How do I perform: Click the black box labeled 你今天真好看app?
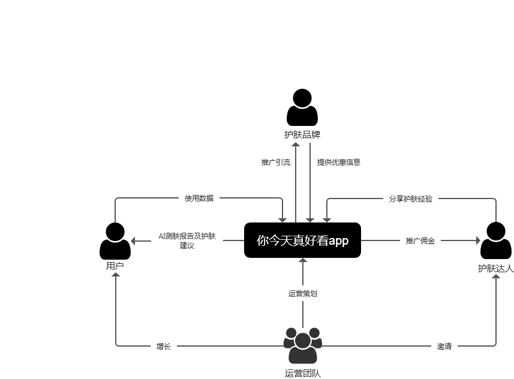(x=302, y=240)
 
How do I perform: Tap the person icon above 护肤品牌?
(x=302, y=107)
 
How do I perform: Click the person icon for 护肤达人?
(x=496, y=240)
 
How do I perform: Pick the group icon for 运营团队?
(x=302, y=345)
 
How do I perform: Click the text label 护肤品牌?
(x=302, y=135)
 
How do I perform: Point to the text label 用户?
(x=115, y=266)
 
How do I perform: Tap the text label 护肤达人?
(x=496, y=268)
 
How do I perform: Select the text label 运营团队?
(x=302, y=373)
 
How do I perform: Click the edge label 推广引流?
(x=276, y=162)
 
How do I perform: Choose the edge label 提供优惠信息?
(x=339, y=162)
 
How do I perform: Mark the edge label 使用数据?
(x=199, y=198)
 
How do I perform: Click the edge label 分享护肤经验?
(x=410, y=198)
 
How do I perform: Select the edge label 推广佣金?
(x=420, y=240)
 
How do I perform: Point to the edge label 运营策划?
(x=302, y=293)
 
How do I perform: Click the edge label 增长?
(x=163, y=346)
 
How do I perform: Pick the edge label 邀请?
(x=444, y=346)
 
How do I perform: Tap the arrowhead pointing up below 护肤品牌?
(x=296, y=145)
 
